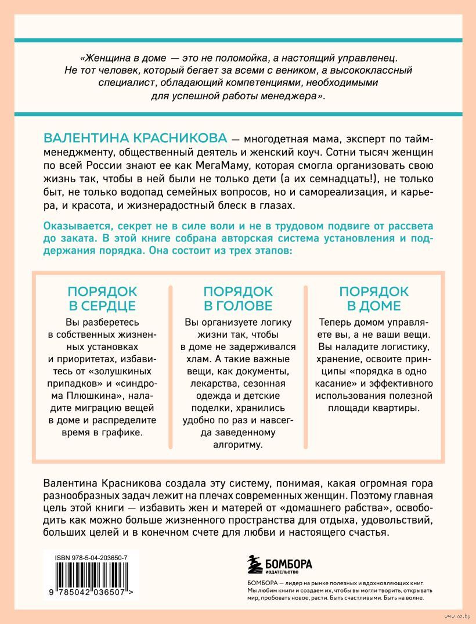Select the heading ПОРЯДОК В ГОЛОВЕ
237,298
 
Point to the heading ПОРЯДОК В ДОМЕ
374,298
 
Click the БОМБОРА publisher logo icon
253,564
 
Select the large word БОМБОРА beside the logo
289,562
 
